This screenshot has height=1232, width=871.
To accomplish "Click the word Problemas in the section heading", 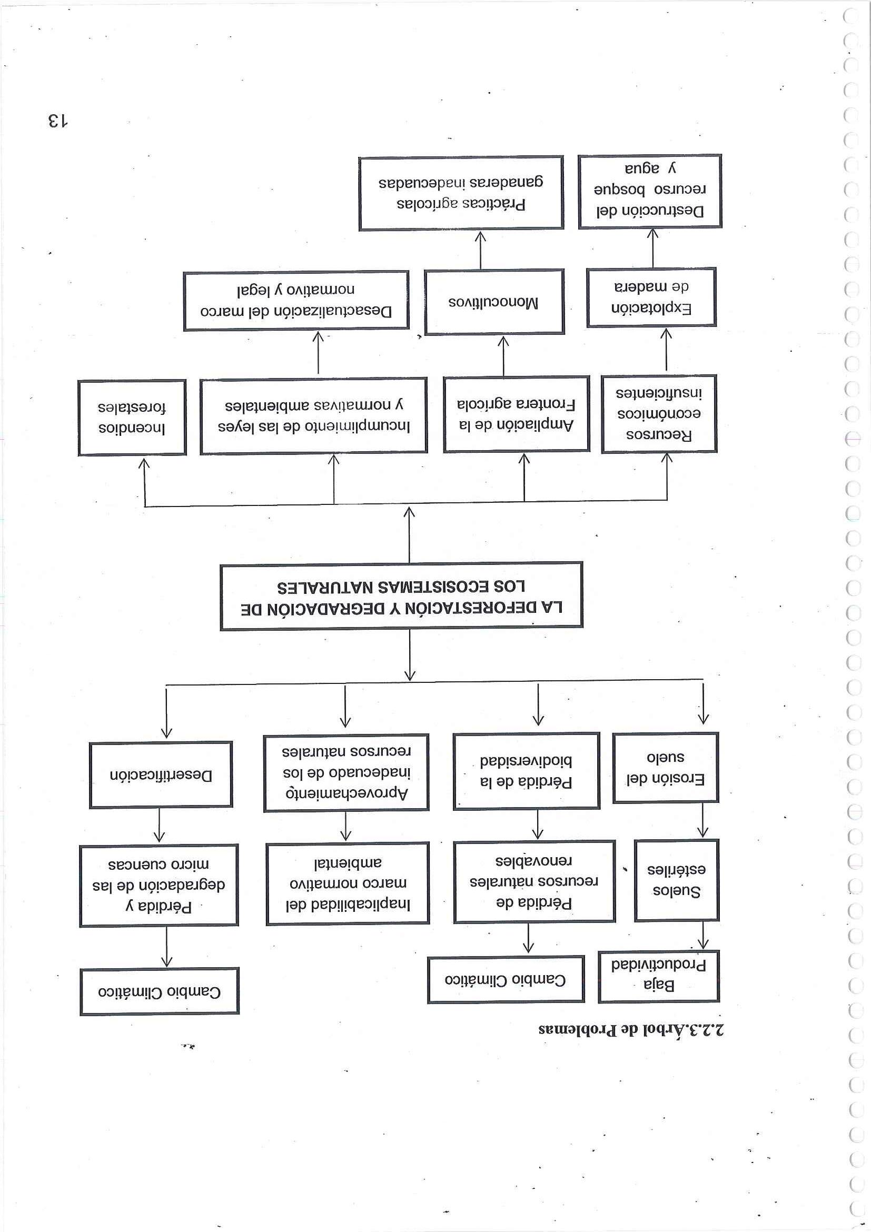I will click(580, 1030).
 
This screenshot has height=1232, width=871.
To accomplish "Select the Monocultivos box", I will click(494, 302).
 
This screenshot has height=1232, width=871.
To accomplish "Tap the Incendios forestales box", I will click(132, 418).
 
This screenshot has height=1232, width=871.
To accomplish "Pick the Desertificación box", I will click(161, 775).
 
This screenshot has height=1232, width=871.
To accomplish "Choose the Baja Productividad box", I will click(658, 976).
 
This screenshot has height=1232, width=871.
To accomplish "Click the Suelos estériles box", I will click(676, 880).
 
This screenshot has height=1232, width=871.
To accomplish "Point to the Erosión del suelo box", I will click(666, 768).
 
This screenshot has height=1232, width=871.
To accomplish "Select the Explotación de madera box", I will click(651, 297).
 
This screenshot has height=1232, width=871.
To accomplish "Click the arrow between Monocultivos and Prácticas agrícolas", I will click(480, 250).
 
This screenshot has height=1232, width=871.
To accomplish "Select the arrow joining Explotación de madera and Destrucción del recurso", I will click(652, 248).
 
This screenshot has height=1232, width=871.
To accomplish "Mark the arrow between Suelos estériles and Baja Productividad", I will click(703, 936).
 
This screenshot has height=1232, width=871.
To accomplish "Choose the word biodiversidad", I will click(526, 761).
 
